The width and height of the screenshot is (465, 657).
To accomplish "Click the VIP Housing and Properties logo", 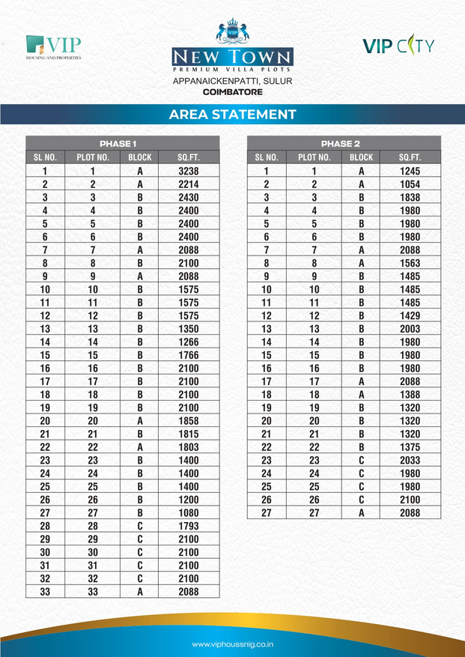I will pos(53,46).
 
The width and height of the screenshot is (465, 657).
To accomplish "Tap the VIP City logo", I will pos(398,46).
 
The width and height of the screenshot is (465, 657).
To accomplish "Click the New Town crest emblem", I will pos(232,32).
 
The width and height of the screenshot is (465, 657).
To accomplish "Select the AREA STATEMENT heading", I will pos(232,115).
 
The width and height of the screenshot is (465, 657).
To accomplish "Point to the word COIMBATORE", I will pos(232,92).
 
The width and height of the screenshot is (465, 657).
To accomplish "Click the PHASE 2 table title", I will pos(341,143).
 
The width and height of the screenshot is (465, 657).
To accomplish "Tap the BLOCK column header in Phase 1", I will pos(140,157).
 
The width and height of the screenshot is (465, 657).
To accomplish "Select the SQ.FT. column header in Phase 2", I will pos(410,157).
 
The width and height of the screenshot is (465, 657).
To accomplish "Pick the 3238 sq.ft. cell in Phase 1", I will pos(188,171).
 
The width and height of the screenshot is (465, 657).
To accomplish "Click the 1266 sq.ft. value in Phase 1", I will pos(188,342).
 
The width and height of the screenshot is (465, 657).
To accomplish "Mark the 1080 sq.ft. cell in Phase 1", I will pos(188,514).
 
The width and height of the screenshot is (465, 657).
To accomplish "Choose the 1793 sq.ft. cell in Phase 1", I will pos(188,527).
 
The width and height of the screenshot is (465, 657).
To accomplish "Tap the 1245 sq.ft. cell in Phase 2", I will pos(410,171).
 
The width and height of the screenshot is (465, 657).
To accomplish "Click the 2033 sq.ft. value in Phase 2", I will pos(410,461).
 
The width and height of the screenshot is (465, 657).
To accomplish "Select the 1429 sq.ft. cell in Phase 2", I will pos(410,316).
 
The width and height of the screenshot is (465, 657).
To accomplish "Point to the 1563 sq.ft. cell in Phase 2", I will pos(410,263).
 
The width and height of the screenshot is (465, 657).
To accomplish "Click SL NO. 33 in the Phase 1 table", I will pos(46,593).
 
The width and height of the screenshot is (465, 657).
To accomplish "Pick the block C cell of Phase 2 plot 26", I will pos(361,500).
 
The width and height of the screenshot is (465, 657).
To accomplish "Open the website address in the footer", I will pos(232,644).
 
